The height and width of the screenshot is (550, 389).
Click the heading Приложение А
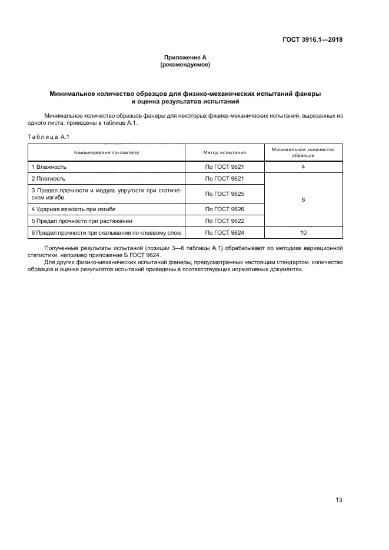(185, 58)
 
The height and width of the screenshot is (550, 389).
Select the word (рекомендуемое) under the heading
(185, 65)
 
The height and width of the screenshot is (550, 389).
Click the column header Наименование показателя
(107, 152)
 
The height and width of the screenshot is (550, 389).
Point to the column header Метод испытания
(224, 152)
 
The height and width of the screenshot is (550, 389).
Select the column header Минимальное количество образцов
(303, 152)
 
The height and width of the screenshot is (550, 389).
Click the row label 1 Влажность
(49, 167)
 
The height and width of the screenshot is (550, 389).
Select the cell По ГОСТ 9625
(224, 194)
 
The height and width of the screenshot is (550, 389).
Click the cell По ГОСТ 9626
(224, 209)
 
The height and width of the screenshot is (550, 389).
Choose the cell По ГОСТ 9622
(224, 221)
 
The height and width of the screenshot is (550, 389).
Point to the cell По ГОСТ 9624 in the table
(224, 233)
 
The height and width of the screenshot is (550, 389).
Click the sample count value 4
(303, 167)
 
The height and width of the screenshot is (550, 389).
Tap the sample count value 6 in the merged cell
(303, 200)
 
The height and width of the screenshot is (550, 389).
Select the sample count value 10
(303, 233)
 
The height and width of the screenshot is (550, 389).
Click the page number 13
(339, 499)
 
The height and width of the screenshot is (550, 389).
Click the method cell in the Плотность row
(224, 178)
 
